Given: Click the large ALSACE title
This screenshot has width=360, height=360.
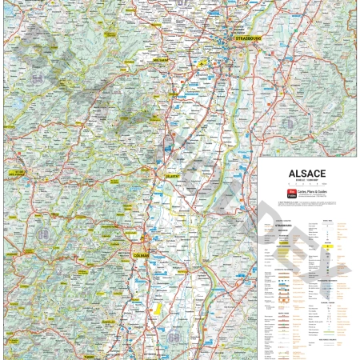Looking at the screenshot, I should [x=306, y=172].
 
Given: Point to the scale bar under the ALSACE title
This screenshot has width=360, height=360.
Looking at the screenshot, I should [x=306, y=185].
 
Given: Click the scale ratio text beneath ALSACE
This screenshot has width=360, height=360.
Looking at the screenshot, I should [x=306, y=179].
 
